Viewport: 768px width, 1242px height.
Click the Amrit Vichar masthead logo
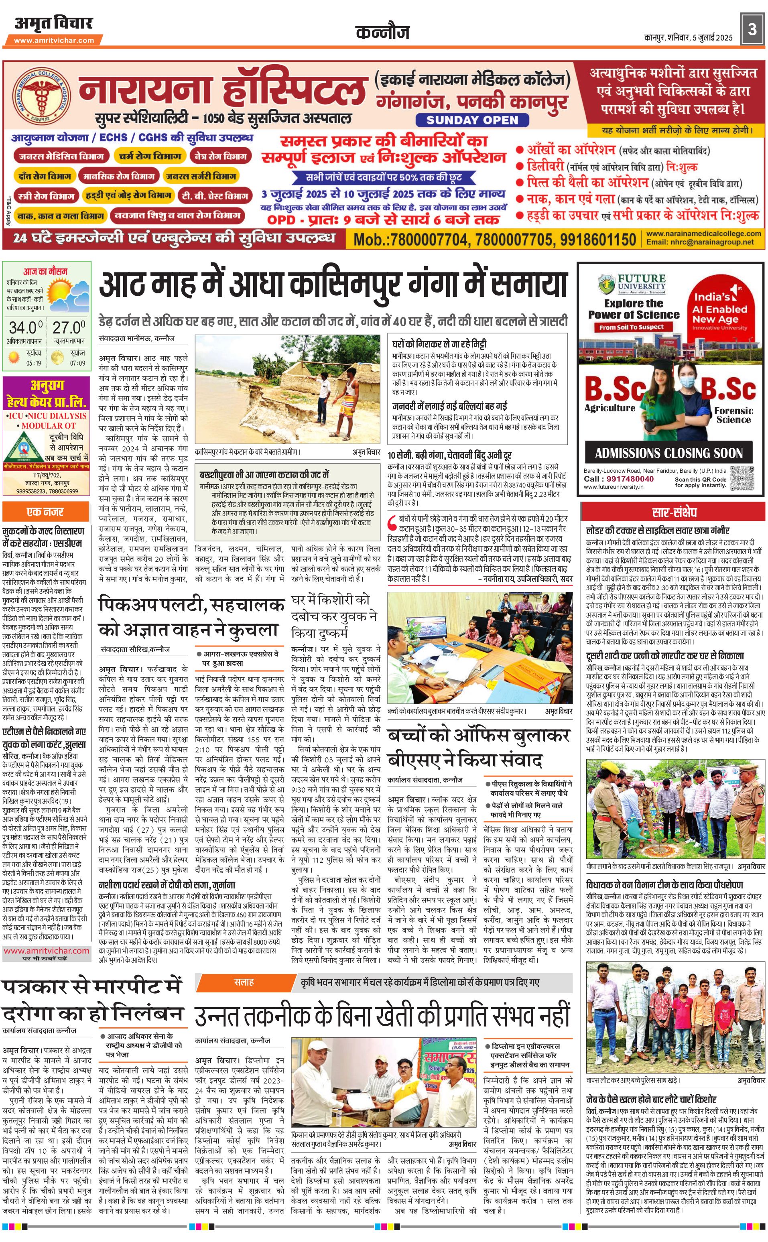point(54,23)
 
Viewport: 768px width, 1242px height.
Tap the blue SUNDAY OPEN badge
point(472,120)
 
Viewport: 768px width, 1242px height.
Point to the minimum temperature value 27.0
point(69,327)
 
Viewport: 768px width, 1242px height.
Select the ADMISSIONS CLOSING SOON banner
point(669,453)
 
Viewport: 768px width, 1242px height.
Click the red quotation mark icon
point(392,522)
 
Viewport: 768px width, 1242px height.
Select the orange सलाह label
point(244,982)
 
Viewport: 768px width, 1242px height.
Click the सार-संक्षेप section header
point(674,512)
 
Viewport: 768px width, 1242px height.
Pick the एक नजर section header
point(46,512)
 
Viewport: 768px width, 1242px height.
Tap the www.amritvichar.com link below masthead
point(54,40)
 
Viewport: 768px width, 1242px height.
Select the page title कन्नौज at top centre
point(382,33)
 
